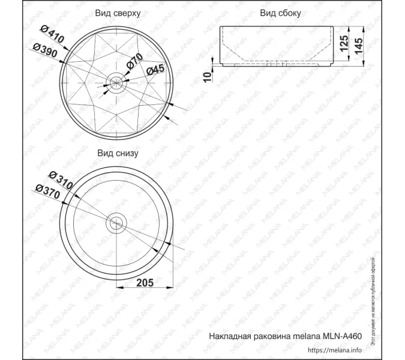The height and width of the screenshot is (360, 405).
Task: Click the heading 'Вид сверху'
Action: [118, 13]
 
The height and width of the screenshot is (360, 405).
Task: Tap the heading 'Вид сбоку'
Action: [280, 13]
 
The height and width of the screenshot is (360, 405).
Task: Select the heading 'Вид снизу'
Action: [118, 153]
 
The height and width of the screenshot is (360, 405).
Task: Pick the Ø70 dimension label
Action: [135, 61]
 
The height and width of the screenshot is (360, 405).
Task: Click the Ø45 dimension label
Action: [155, 70]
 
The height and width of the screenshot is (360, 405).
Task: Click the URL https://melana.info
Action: [334, 350]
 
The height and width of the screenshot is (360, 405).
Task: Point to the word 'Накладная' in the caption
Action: [227, 337]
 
